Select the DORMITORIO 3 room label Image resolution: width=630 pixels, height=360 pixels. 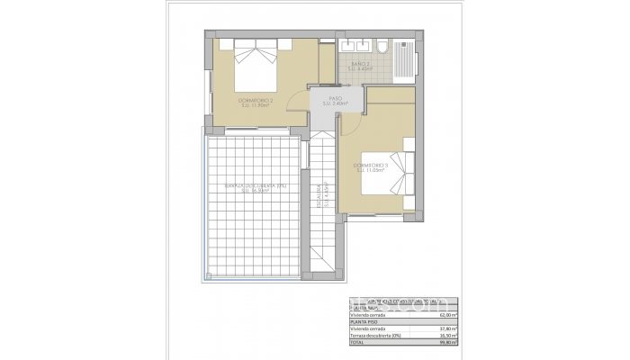[371, 169]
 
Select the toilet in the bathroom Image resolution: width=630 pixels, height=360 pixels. [382, 47]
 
